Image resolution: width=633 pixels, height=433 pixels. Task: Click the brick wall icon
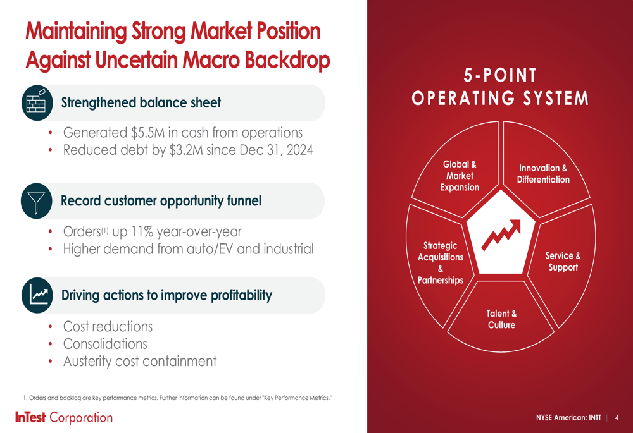pyautogui.click(x=37, y=103)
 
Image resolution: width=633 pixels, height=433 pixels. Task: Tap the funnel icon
pyautogui.click(x=36, y=201)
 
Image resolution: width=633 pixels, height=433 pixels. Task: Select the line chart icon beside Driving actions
pyautogui.click(x=37, y=295)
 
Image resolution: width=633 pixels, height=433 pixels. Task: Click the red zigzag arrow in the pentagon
pyautogui.click(x=501, y=235)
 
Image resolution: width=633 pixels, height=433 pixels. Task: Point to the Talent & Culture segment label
pyautogui.click(x=501, y=319)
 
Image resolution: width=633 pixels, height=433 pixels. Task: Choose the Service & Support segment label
pyautogui.click(x=563, y=261)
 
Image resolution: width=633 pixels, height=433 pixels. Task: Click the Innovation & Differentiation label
pyautogui.click(x=543, y=174)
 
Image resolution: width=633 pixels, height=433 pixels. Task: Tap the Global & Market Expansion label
pyautogui.click(x=460, y=176)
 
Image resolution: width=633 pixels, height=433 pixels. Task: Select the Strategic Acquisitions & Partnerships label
pyautogui.click(x=441, y=263)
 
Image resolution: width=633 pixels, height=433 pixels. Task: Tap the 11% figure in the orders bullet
pyautogui.click(x=142, y=232)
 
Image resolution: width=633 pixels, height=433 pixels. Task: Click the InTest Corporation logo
pyautogui.click(x=64, y=417)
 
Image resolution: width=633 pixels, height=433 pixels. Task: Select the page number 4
pyautogui.click(x=617, y=418)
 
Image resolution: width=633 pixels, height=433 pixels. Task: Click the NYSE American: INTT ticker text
pyautogui.click(x=568, y=418)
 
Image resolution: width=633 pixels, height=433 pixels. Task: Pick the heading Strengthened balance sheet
pyautogui.click(x=141, y=103)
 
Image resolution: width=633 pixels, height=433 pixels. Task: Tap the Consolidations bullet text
pyautogui.click(x=105, y=344)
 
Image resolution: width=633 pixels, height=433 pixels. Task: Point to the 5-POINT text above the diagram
pyautogui.click(x=500, y=75)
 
